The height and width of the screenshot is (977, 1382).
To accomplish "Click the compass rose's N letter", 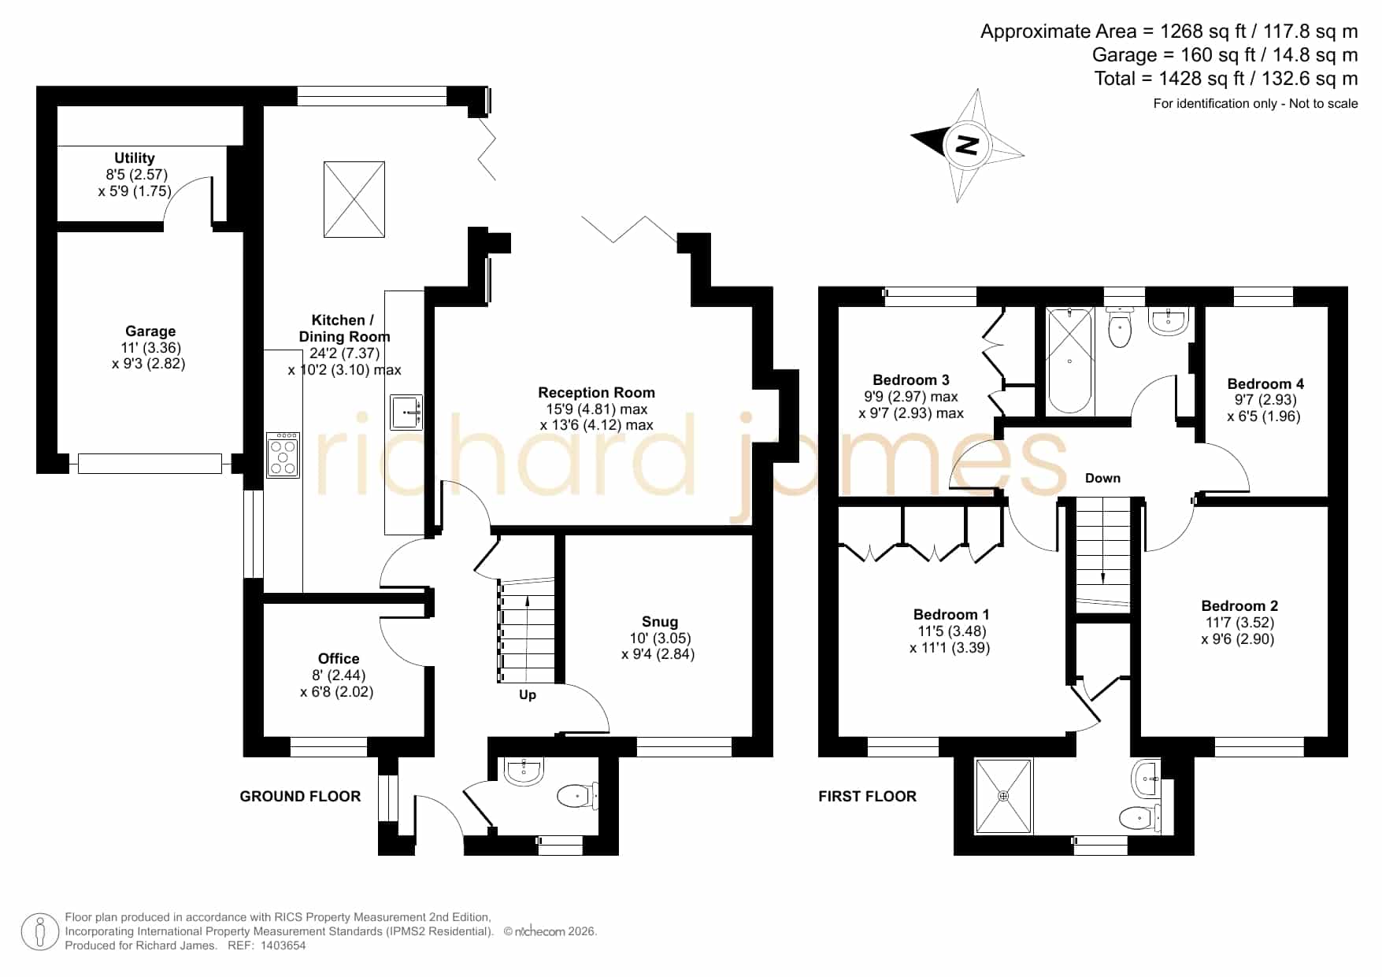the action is click(967, 145).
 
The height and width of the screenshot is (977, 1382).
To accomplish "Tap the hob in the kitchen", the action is click(283, 455).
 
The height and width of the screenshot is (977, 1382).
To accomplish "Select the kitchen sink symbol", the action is click(406, 412).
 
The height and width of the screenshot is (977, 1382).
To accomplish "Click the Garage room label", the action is click(150, 331).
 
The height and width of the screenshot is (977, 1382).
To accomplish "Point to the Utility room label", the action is click(135, 158).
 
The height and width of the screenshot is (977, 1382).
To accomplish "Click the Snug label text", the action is click(659, 622).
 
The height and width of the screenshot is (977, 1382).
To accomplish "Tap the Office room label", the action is click(339, 659).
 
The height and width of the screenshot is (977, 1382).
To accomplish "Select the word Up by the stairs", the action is click(528, 694).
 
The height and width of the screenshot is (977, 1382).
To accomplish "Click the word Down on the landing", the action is click(1102, 478).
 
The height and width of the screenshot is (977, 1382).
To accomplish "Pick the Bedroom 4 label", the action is click(1265, 384).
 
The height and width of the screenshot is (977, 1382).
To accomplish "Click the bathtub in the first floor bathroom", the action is click(1069, 361).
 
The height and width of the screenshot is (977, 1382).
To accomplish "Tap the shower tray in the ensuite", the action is click(1003, 795).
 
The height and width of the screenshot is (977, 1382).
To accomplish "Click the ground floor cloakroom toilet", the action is click(579, 796).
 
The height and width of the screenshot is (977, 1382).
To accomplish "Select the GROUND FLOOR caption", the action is click(300, 797).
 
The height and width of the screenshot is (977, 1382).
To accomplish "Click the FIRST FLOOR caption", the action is click(867, 797).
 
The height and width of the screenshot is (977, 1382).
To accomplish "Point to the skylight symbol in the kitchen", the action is click(354, 199).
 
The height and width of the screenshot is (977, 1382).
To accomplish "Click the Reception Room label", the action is click(596, 393).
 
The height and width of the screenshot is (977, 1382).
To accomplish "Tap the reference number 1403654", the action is click(283, 946).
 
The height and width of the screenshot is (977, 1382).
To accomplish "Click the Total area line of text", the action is click(1226, 79).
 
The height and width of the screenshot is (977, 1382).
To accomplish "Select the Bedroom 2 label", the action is click(1239, 606).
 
